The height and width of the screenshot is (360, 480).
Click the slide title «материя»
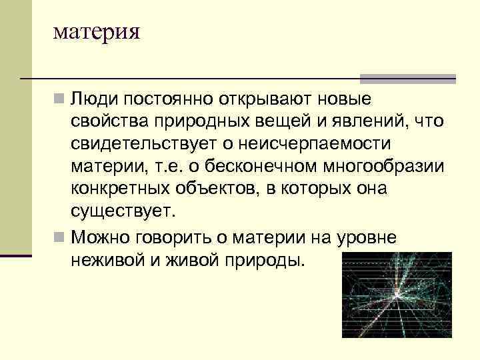(x=97, y=32)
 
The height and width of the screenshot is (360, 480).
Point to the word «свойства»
(x=108, y=122)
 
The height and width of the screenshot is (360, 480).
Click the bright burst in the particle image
(x=397, y=293)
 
